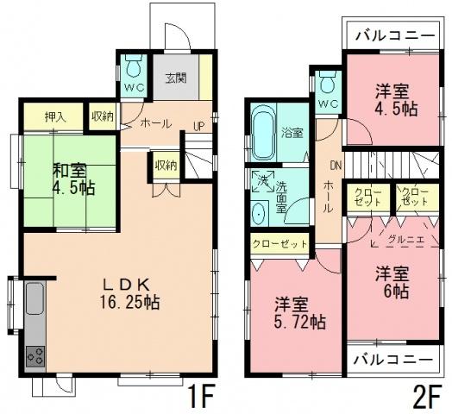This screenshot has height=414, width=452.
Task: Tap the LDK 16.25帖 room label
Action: pos(129,294)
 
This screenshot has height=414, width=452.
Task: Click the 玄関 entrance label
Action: pos(177,76)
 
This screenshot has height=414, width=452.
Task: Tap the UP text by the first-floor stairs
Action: pos(198,125)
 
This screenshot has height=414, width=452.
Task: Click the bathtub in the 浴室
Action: pos(262,133)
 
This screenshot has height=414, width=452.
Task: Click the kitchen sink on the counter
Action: pos(35,301)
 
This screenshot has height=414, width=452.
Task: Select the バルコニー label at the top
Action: pos(392,37)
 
